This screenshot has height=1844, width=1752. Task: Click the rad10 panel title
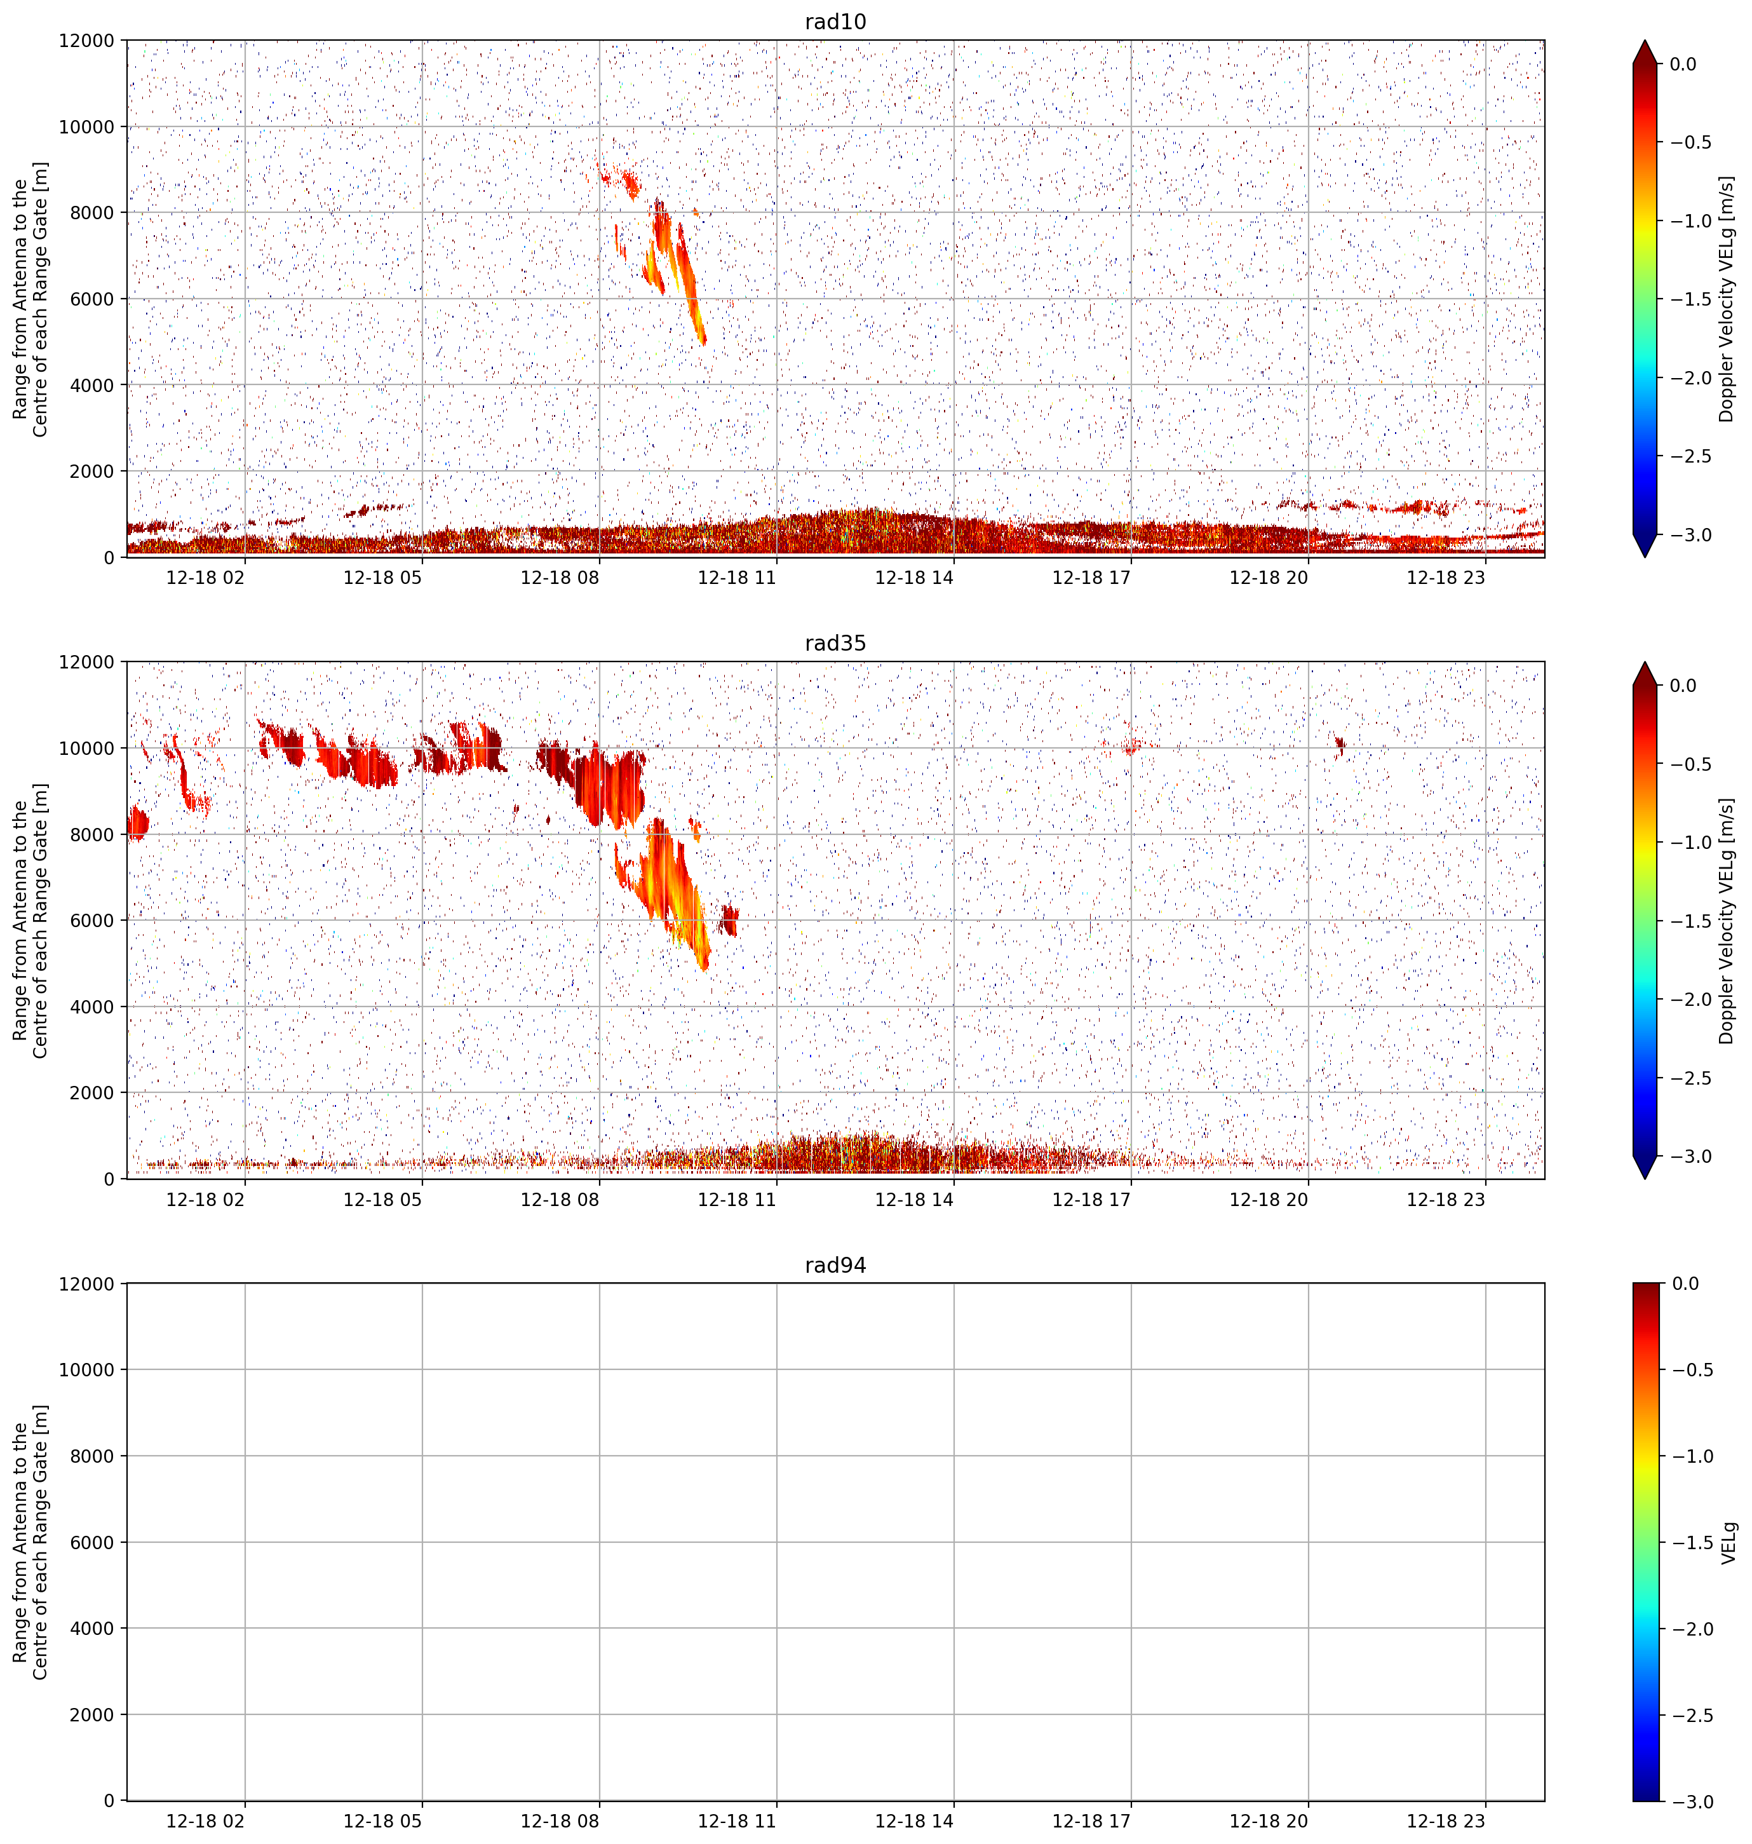[x=835, y=22]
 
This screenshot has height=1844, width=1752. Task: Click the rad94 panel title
[x=835, y=1265]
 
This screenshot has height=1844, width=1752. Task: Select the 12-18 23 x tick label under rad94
[x=1446, y=1820]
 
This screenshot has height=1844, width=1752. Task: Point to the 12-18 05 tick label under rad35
[x=383, y=1198]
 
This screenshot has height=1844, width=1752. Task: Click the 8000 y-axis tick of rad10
[x=93, y=213]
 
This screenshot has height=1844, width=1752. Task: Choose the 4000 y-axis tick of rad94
[x=93, y=1628]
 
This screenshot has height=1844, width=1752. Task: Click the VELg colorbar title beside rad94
[x=1728, y=1542]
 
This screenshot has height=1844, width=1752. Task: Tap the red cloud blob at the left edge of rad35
[x=137, y=823]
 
